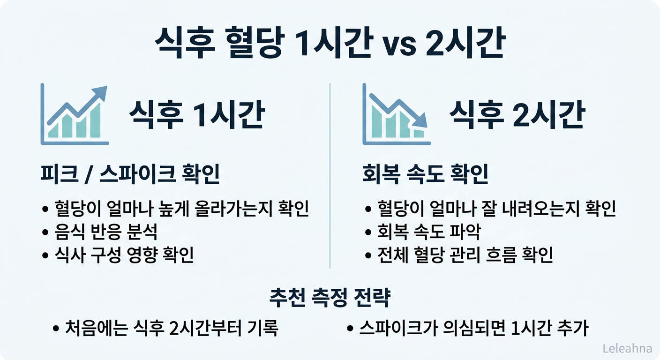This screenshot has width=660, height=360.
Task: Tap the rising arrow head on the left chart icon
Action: (100, 92)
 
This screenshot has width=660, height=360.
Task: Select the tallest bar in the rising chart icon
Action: (95, 121)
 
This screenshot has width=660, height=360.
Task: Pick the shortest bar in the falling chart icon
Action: (419, 133)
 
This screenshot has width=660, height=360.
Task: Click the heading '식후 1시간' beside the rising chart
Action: (196, 115)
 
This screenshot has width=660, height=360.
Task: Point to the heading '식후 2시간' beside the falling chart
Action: (517, 115)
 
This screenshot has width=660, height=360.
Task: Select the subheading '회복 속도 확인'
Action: (426, 175)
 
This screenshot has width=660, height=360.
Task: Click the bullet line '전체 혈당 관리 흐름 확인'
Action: (465, 255)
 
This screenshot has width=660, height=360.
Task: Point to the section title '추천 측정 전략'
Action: (330, 298)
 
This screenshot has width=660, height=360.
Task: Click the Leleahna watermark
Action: (627, 348)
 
